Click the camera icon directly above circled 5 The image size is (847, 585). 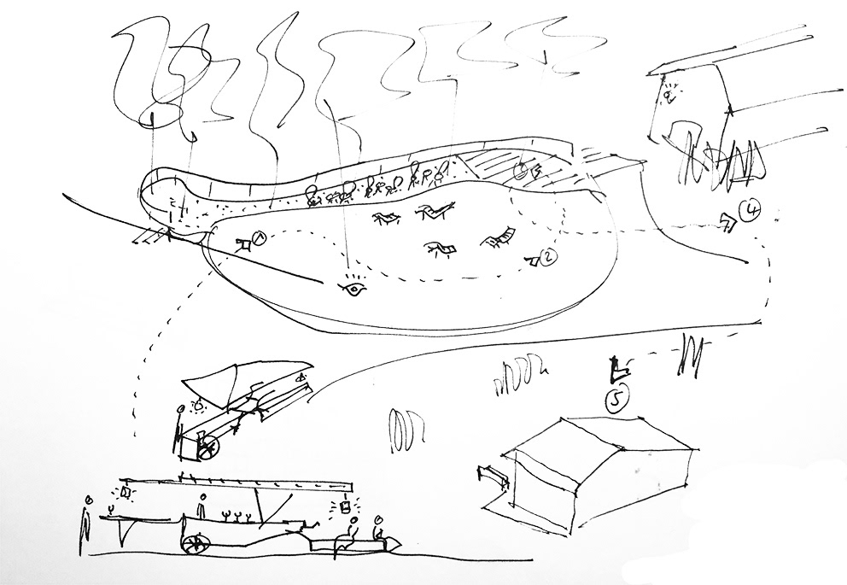[616, 370]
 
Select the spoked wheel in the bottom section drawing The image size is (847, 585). [196, 543]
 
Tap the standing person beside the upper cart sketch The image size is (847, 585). [179, 427]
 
